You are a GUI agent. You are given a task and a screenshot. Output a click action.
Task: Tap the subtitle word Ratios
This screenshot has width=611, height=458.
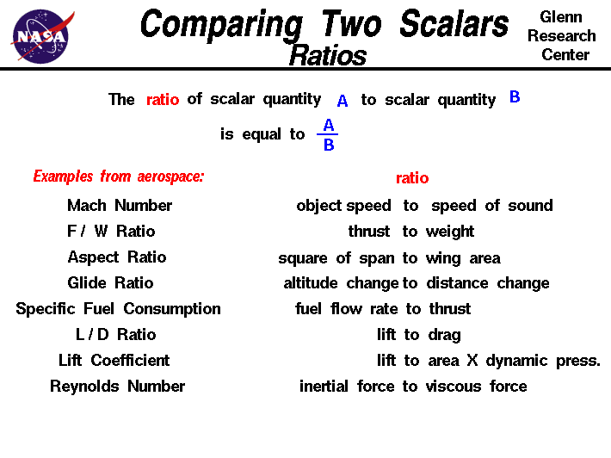tap(328, 56)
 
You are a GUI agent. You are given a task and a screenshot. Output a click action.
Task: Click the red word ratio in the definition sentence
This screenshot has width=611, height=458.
tap(163, 99)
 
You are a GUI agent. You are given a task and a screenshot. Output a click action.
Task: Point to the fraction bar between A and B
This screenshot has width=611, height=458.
tap(328, 134)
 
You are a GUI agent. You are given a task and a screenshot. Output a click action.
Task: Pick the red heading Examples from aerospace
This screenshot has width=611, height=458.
tap(119, 177)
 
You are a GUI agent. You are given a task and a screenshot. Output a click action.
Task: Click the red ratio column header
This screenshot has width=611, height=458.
tap(412, 178)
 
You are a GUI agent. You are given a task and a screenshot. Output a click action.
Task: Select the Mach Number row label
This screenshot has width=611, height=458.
tap(120, 206)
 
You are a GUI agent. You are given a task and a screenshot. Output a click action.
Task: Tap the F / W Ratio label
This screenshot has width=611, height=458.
tap(111, 232)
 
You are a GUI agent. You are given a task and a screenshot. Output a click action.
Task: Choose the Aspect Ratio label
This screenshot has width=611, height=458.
tap(117, 257)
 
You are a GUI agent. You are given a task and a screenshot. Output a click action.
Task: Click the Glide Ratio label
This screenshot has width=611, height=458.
tap(110, 283)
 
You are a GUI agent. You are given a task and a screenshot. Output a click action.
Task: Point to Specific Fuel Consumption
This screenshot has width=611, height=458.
tap(118, 309)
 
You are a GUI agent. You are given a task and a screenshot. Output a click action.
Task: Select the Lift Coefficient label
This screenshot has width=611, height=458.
tap(114, 361)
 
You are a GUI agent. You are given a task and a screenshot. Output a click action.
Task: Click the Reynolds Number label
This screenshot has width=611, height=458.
tap(117, 387)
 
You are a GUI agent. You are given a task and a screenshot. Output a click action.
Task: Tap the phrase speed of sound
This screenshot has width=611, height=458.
tap(492, 206)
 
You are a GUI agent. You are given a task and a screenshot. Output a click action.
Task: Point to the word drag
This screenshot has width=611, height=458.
tap(444, 335)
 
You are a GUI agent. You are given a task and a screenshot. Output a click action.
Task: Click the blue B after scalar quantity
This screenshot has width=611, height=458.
tap(515, 97)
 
